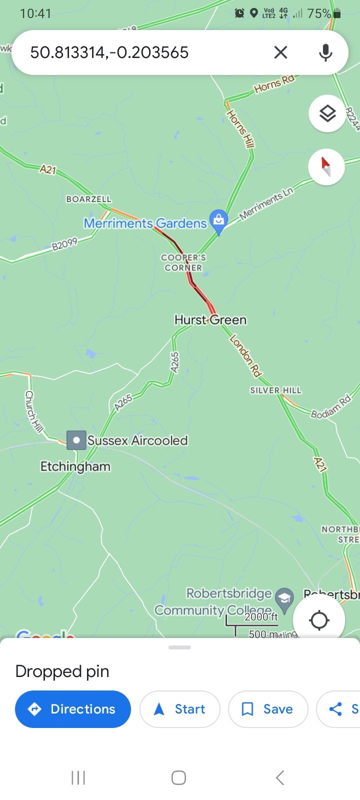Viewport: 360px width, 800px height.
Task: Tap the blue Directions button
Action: [73, 709]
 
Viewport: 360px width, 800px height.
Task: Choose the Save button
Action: [268, 709]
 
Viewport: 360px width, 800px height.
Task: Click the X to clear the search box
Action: [280, 52]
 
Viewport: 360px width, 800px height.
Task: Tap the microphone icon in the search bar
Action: [325, 52]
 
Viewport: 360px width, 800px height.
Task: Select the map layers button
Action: [327, 113]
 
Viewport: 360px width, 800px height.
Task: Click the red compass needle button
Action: [326, 166]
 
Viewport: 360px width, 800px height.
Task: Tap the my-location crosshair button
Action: [319, 620]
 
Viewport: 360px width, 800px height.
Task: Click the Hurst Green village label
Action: [210, 320]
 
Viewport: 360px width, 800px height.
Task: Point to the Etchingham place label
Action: [75, 466]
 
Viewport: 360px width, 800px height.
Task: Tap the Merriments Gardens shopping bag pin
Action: [218, 220]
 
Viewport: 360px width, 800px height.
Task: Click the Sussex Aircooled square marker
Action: [76, 440]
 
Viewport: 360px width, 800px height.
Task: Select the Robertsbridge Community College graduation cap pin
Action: [284, 598]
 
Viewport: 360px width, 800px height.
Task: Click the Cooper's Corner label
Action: [183, 262]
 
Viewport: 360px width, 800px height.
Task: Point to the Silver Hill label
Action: [276, 390]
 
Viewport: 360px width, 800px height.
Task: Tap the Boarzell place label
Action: [89, 199]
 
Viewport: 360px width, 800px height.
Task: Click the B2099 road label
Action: [65, 244]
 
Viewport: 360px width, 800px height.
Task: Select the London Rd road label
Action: [245, 355]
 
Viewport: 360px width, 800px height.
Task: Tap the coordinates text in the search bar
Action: [109, 52]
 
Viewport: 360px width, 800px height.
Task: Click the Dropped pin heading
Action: [62, 671]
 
